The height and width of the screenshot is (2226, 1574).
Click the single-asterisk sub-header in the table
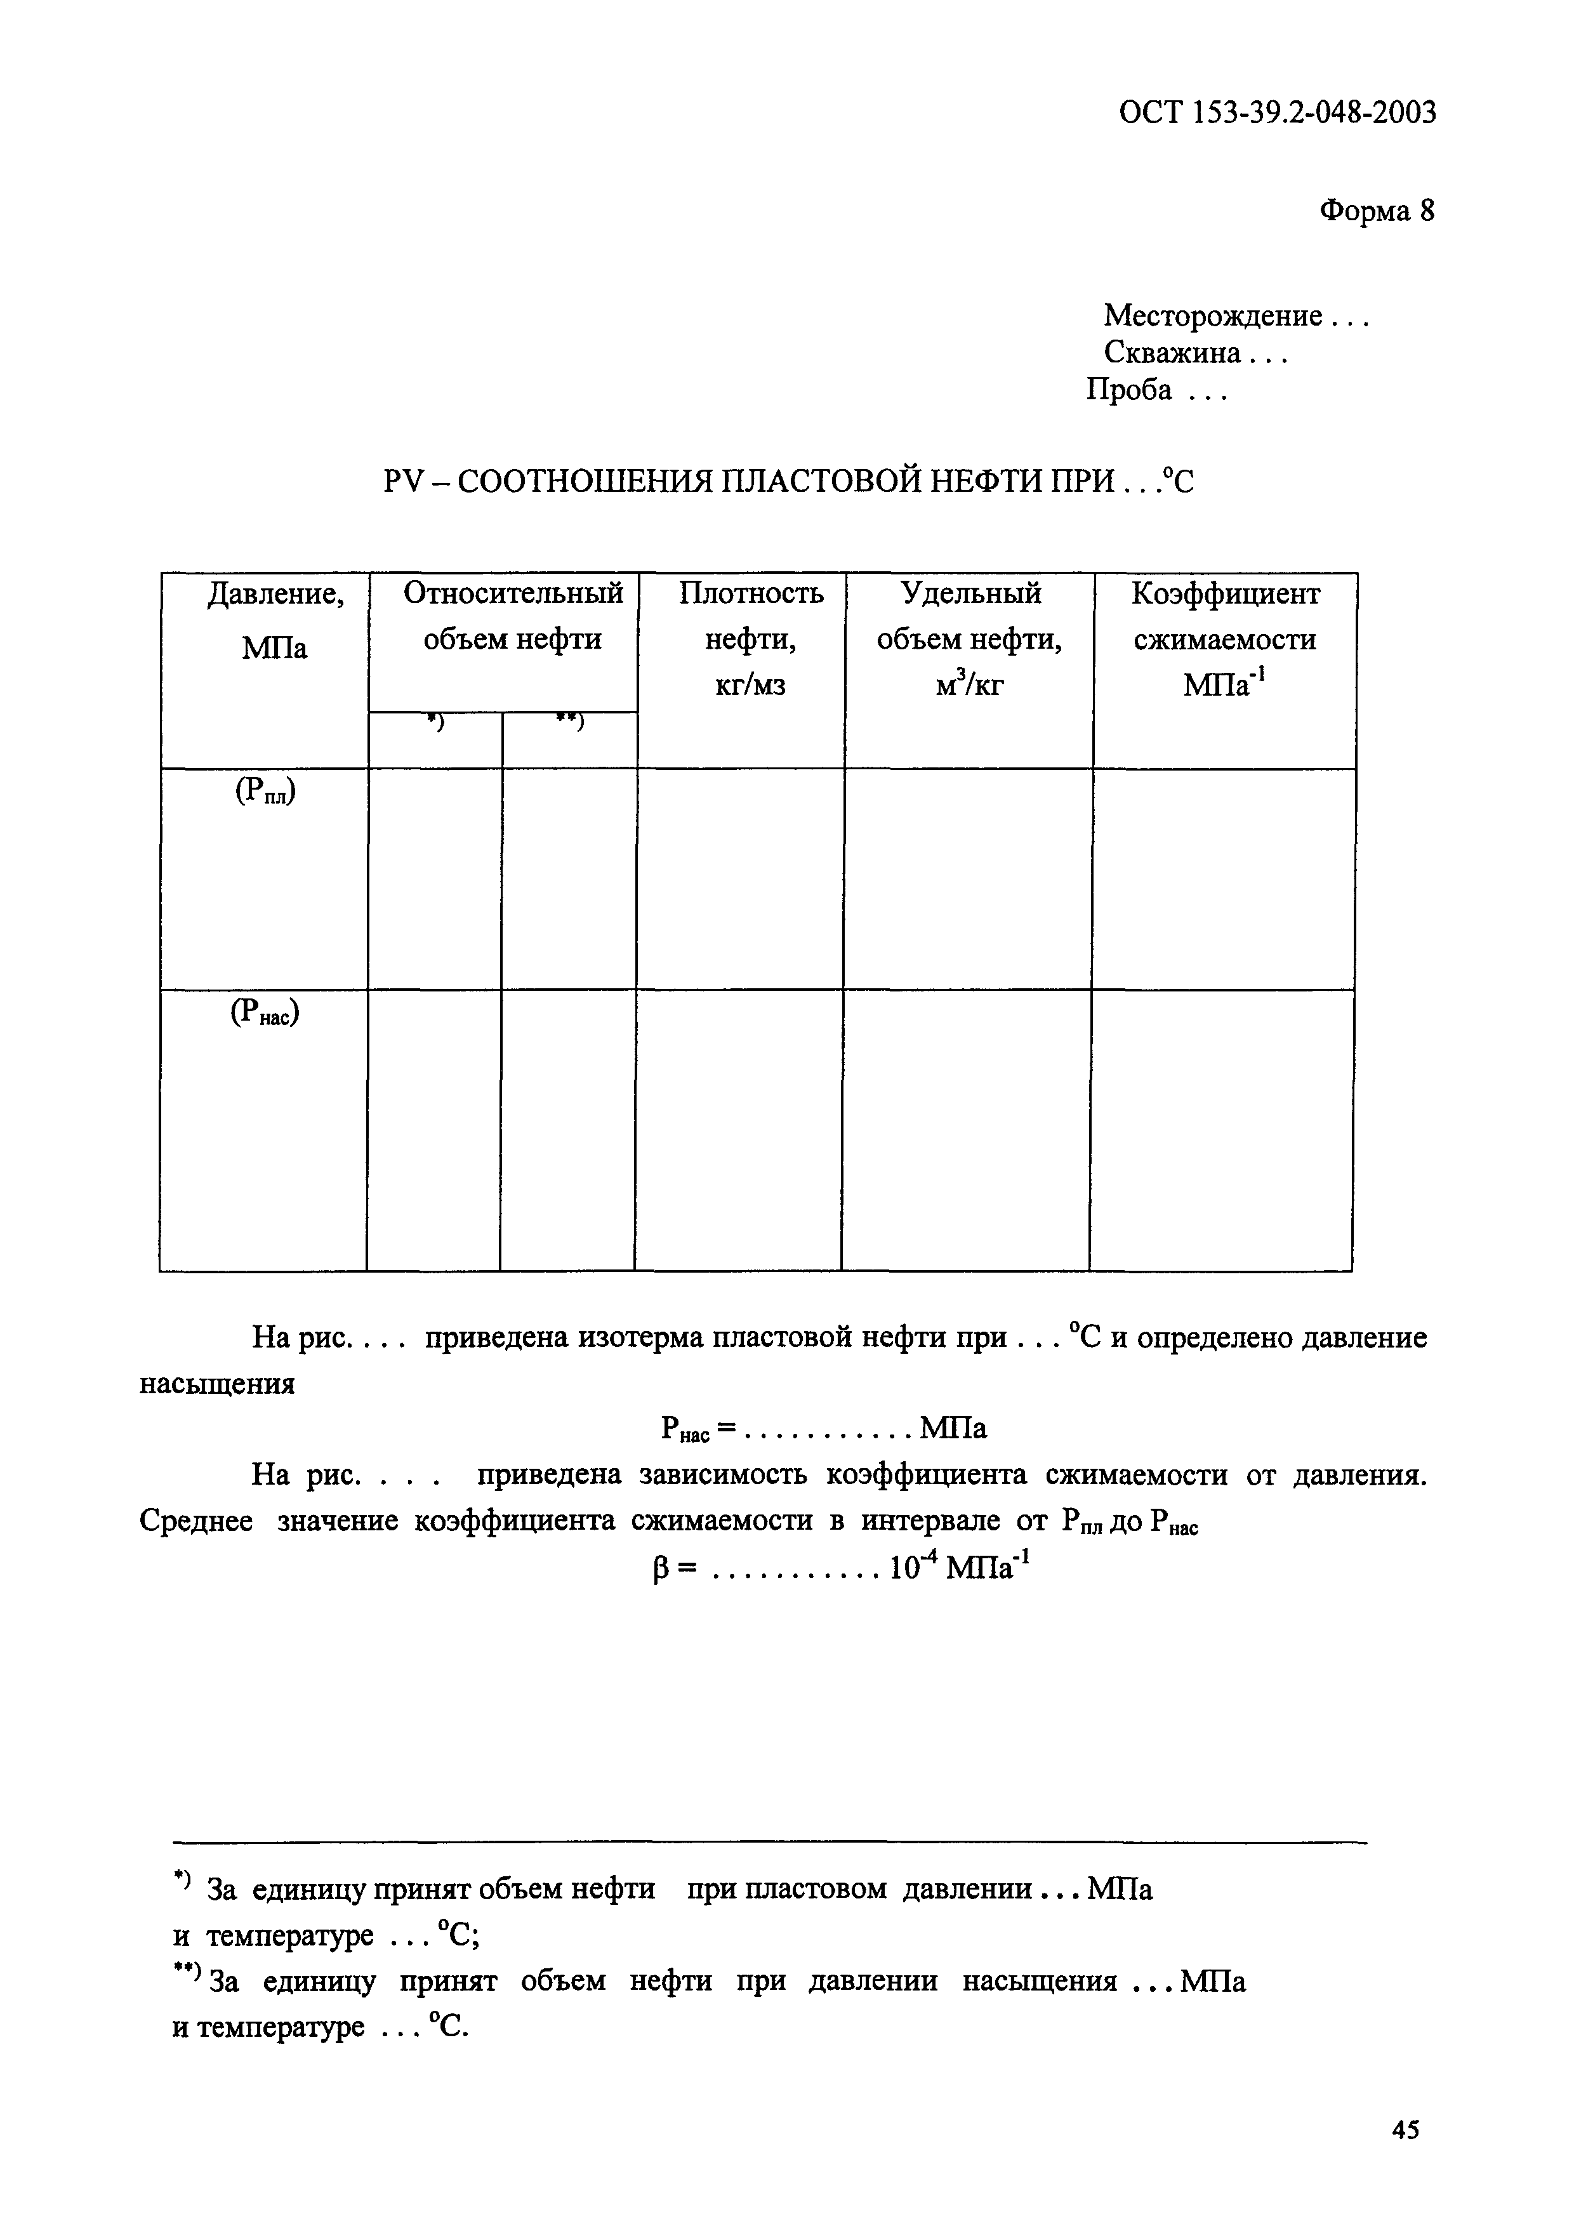[x=435, y=721]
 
